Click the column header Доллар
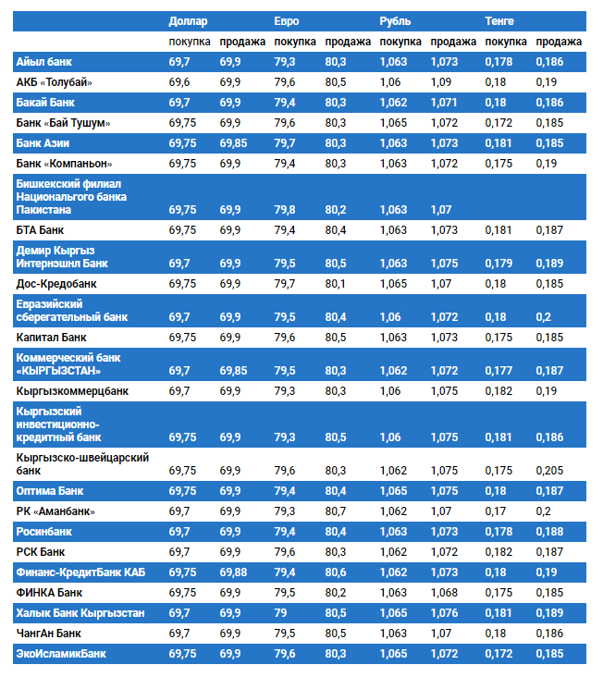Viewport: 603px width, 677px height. [188, 20]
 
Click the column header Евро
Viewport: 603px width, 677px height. [287, 20]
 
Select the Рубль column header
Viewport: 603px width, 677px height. [395, 20]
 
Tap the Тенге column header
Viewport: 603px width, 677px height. [499, 20]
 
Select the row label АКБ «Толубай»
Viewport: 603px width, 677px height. [54, 82]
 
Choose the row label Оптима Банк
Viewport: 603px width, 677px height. [50, 490]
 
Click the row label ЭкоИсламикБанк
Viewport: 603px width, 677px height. [61, 654]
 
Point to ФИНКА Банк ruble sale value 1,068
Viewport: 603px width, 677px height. [443, 592]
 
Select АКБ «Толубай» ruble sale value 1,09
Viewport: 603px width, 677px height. [440, 82]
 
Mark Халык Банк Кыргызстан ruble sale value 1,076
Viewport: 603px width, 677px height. [443, 613]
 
